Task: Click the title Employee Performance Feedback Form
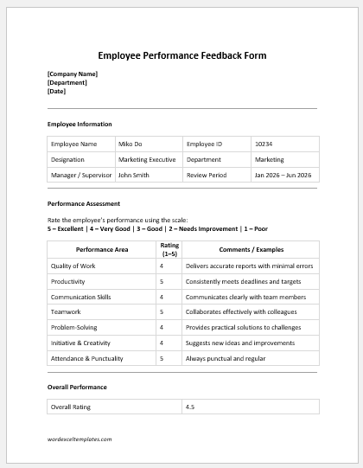(x=181, y=55)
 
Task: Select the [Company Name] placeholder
(x=73, y=74)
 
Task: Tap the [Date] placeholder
(x=56, y=91)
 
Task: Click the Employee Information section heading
(x=80, y=125)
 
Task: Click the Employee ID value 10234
(x=264, y=144)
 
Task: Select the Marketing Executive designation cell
(x=147, y=159)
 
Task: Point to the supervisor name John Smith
(x=134, y=175)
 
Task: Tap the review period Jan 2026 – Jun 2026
(x=283, y=175)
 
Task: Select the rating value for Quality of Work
(x=162, y=266)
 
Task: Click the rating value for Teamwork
(x=162, y=312)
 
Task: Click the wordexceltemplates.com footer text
(x=80, y=439)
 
